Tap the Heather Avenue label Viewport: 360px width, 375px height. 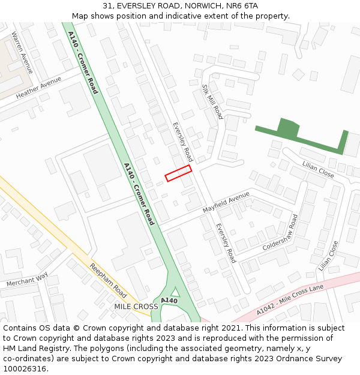pos(38,88)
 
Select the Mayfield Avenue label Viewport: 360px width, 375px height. pos(226,202)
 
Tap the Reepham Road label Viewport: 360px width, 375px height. pos(108,281)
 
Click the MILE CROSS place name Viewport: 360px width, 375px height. pos(136,307)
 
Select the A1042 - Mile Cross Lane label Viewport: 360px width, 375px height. pos(290,300)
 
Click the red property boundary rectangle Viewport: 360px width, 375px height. pos(178,173)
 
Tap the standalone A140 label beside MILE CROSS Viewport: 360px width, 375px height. pos(169,300)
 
